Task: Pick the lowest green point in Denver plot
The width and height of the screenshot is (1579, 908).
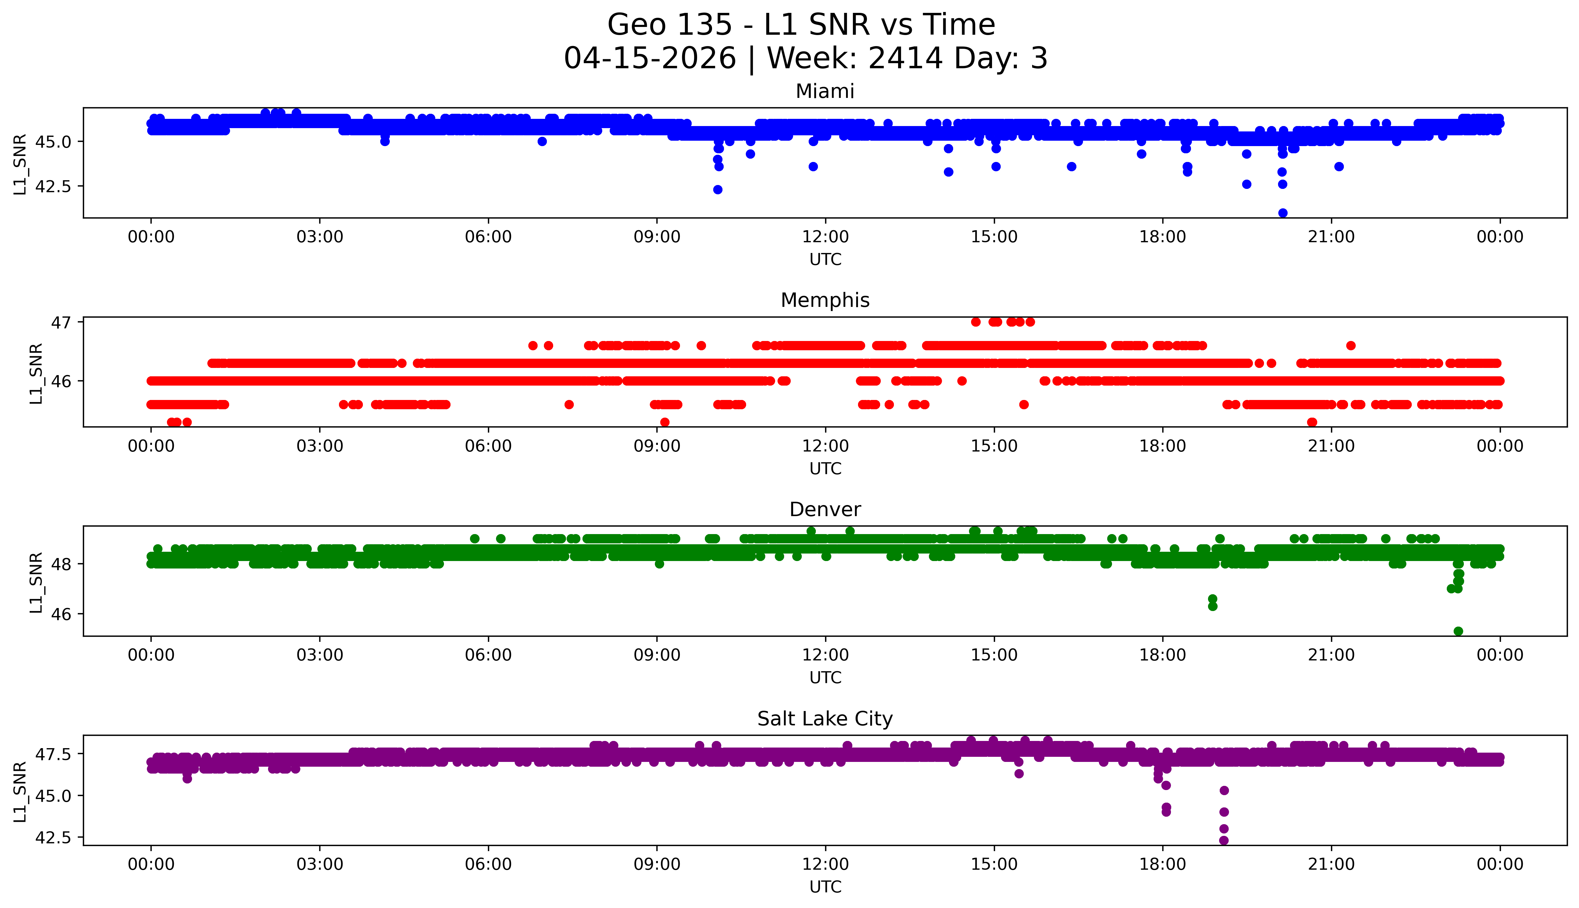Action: point(1458,631)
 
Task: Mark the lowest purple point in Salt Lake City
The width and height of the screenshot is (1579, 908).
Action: point(1224,840)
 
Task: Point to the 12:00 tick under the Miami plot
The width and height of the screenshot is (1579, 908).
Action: point(825,237)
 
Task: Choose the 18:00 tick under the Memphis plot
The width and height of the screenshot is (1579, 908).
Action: point(1163,446)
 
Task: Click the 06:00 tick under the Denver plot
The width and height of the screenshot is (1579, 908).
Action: point(488,655)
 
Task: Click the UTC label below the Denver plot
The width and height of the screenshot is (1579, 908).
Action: point(825,677)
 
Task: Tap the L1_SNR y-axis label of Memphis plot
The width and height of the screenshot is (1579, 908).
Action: point(36,373)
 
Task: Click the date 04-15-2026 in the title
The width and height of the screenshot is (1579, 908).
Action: point(650,59)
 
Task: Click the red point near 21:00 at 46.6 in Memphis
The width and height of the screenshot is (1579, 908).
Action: point(1350,345)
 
